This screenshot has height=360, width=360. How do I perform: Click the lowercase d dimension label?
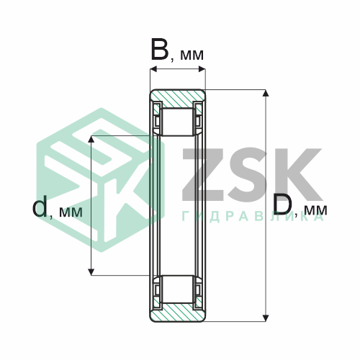pos(40,206)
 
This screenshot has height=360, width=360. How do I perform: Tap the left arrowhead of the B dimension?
pos(153,69)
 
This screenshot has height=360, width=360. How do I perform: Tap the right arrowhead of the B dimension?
pos(202,69)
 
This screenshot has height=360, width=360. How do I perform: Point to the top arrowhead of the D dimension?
pos(265,93)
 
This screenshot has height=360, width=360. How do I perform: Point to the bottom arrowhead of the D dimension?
pos(265,318)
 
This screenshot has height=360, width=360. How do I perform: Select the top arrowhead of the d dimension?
pos(91,139)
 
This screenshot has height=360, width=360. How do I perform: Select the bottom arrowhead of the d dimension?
pos(91,271)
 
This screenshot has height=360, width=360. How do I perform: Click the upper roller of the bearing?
pos(178,122)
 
